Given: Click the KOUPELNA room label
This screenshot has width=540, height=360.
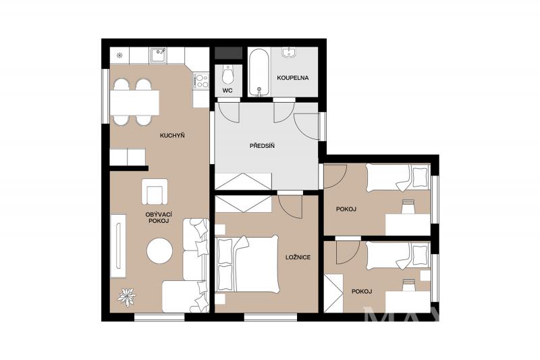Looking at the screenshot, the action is (x=293, y=78).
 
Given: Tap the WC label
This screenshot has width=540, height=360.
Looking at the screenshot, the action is (x=227, y=91).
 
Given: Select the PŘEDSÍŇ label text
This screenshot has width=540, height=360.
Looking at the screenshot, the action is (x=262, y=146).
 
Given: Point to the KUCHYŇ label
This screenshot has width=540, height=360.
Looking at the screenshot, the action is (x=172, y=135).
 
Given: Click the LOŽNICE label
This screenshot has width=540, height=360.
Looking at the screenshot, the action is (x=298, y=257).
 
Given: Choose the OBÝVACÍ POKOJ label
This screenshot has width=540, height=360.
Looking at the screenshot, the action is (x=159, y=217).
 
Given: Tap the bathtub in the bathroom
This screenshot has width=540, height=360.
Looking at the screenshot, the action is (x=259, y=73).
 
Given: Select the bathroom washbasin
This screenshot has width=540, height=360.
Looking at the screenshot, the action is (x=290, y=53).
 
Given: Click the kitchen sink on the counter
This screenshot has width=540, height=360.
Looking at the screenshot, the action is (x=159, y=55).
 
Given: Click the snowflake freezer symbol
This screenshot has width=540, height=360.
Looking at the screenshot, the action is (x=119, y=55).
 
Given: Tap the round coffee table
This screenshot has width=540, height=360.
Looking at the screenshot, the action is (x=159, y=251).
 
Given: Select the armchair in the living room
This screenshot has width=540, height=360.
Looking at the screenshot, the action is (x=155, y=192).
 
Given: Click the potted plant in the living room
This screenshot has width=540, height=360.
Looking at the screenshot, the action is (x=126, y=297).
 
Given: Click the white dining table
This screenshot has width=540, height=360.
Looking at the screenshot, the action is (x=134, y=103).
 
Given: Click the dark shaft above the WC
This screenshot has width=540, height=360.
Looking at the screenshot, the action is (x=229, y=53).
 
